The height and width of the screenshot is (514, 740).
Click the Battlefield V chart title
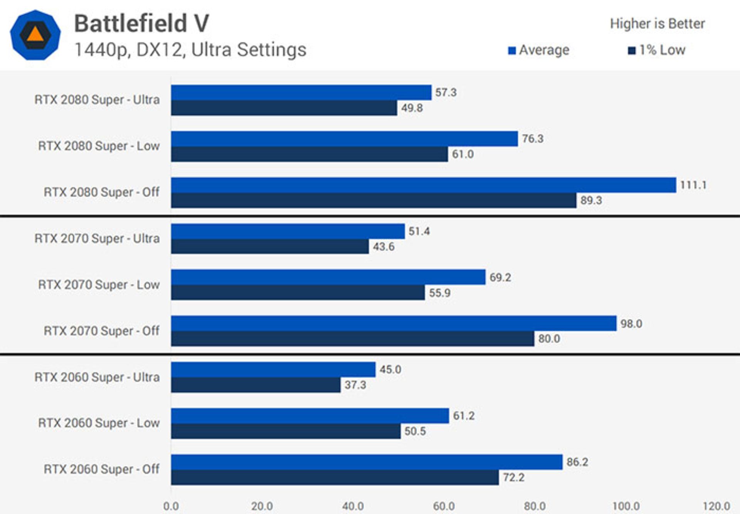pyautogui.click(x=141, y=23)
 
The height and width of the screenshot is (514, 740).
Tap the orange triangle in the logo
pyautogui.click(x=35, y=34)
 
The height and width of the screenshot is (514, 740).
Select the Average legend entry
pyautogui.click(x=539, y=50)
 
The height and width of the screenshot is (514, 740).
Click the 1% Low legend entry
pyautogui.click(x=657, y=50)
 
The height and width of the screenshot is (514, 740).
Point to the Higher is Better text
pyautogui.click(x=657, y=24)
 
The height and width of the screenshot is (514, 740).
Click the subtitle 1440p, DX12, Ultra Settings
pyautogui.click(x=190, y=50)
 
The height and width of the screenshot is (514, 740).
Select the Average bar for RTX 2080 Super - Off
pyautogui.click(x=423, y=185)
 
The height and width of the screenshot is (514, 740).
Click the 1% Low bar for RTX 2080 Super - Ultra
pyautogui.click(x=284, y=108)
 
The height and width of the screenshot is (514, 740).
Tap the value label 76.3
pyautogui.click(x=532, y=139)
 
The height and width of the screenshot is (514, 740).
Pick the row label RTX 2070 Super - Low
pyautogui.click(x=99, y=285)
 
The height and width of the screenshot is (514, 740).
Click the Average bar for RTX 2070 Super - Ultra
pyautogui.click(x=288, y=231)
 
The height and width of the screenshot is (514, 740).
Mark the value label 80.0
pyautogui.click(x=549, y=339)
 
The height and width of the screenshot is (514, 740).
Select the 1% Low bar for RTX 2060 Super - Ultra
pyautogui.click(x=256, y=385)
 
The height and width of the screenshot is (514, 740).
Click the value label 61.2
pyautogui.click(x=463, y=416)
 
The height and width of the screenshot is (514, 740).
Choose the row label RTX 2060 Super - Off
pyautogui.click(x=101, y=469)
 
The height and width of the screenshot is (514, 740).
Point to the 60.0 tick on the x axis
pyautogui.click(x=444, y=506)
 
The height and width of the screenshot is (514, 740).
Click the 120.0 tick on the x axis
pyautogui.click(x=716, y=506)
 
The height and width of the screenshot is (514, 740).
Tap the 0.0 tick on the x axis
pyautogui.click(x=171, y=506)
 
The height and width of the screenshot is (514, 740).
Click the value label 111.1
pyautogui.click(x=693, y=185)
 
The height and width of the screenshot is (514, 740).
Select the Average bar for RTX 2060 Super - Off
pyautogui.click(x=367, y=462)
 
